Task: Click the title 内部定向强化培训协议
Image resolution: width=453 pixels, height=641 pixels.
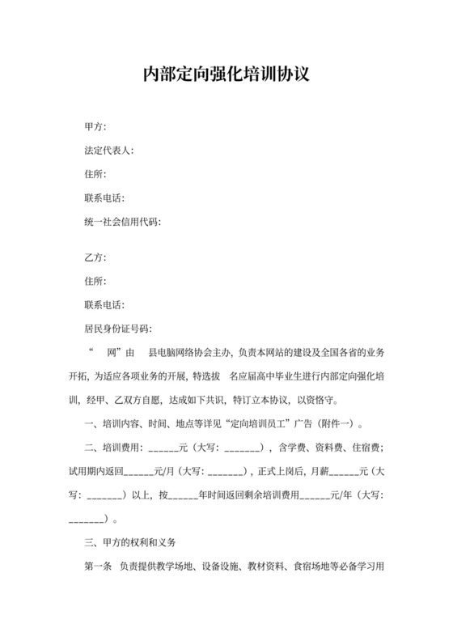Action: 226,74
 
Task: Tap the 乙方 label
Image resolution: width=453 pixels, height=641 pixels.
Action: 93,258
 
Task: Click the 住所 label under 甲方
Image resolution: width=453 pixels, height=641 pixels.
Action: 93,174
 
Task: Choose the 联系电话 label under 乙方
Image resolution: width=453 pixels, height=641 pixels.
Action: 102,305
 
